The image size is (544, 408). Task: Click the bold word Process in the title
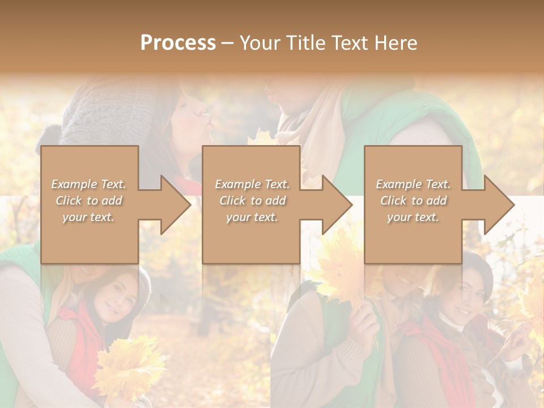178,43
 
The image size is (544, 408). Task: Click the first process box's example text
88,201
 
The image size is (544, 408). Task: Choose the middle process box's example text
252,201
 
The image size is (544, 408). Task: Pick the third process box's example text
413,201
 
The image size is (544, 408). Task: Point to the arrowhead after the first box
176,205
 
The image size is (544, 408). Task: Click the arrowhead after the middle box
337,205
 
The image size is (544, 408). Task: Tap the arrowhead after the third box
499,205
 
